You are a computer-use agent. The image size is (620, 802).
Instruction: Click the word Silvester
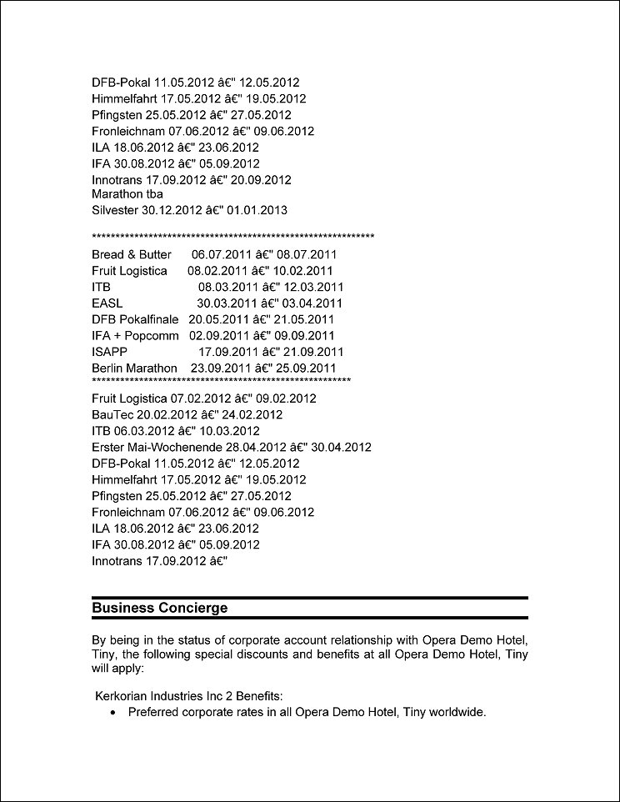[115, 210]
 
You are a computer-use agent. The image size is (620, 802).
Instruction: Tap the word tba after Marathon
[152, 194]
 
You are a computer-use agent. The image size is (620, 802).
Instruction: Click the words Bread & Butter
[132, 254]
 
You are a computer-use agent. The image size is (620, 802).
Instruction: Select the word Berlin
[108, 368]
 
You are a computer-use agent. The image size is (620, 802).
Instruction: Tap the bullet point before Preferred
[113, 713]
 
